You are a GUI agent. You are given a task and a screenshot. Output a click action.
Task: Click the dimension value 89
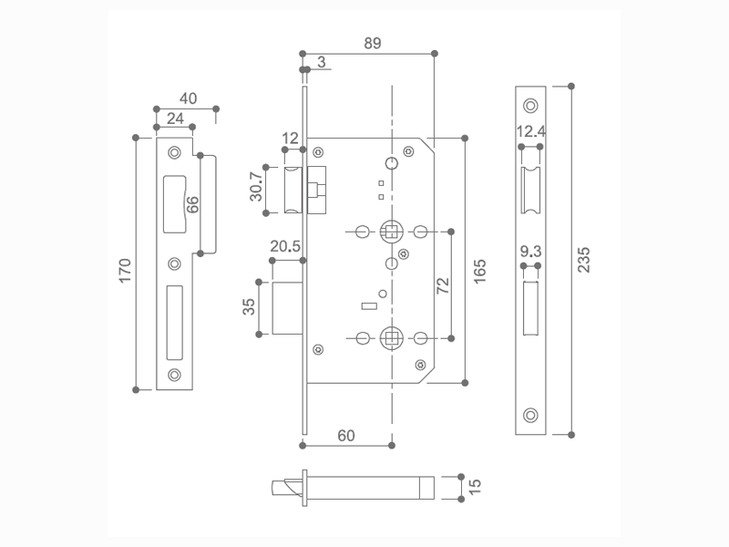371,43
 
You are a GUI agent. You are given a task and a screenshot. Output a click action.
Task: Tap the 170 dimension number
126,270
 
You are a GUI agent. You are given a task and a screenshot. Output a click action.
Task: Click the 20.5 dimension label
285,247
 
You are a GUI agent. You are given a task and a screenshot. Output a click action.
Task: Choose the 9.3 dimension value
531,251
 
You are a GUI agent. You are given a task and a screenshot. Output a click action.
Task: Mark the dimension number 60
346,436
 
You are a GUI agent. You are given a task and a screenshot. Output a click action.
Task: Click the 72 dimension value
443,284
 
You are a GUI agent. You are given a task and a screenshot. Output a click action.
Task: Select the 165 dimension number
480,272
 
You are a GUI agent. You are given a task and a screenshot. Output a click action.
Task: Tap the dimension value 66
192,204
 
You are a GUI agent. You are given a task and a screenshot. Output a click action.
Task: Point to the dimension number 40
188,98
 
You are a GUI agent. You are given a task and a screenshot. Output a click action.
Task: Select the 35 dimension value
249,307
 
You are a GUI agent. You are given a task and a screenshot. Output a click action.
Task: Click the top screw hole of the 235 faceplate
530,105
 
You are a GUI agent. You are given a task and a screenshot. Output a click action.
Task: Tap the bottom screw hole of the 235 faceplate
530,416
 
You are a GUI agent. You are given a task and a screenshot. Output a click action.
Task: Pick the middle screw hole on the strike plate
175,264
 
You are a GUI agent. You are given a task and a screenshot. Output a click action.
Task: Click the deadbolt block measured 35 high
288,308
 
